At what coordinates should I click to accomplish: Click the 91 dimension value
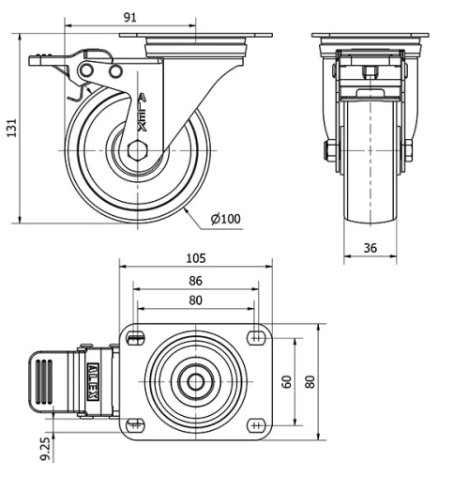pyautogui.click(x=129, y=17)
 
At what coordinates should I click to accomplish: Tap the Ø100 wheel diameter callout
pyautogui.click(x=225, y=220)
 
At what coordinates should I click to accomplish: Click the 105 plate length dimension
pyautogui.click(x=195, y=258)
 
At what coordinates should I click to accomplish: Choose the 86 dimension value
pyautogui.click(x=195, y=281)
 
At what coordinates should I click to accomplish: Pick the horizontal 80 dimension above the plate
pyautogui.click(x=195, y=301)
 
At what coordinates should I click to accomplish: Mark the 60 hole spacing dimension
pyautogui.click(x=286, y=381)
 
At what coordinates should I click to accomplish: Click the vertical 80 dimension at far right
pyautogui.click(x=310, y=381)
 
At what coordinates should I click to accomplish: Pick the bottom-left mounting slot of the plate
pyautogui.click(x=137, y=423)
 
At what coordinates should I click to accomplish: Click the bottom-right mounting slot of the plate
pyautogui.click(x=255, y=423)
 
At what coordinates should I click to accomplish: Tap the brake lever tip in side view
pyautogui.click(x=38, y=62)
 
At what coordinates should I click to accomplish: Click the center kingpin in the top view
pyautogui.click(x=195, y=381)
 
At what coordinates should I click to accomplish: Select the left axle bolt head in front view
pyautogui.click(x=331, y=150)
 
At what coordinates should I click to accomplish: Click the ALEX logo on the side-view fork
pyautogui.click(x=141, y=112)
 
